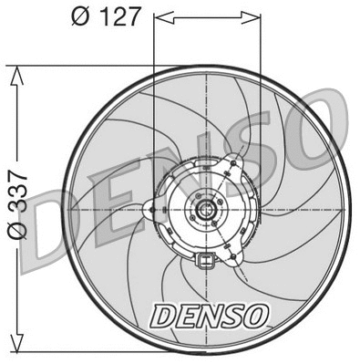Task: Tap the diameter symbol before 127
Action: [x=79, y=17]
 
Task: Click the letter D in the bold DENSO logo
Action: [x=164, y=315]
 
